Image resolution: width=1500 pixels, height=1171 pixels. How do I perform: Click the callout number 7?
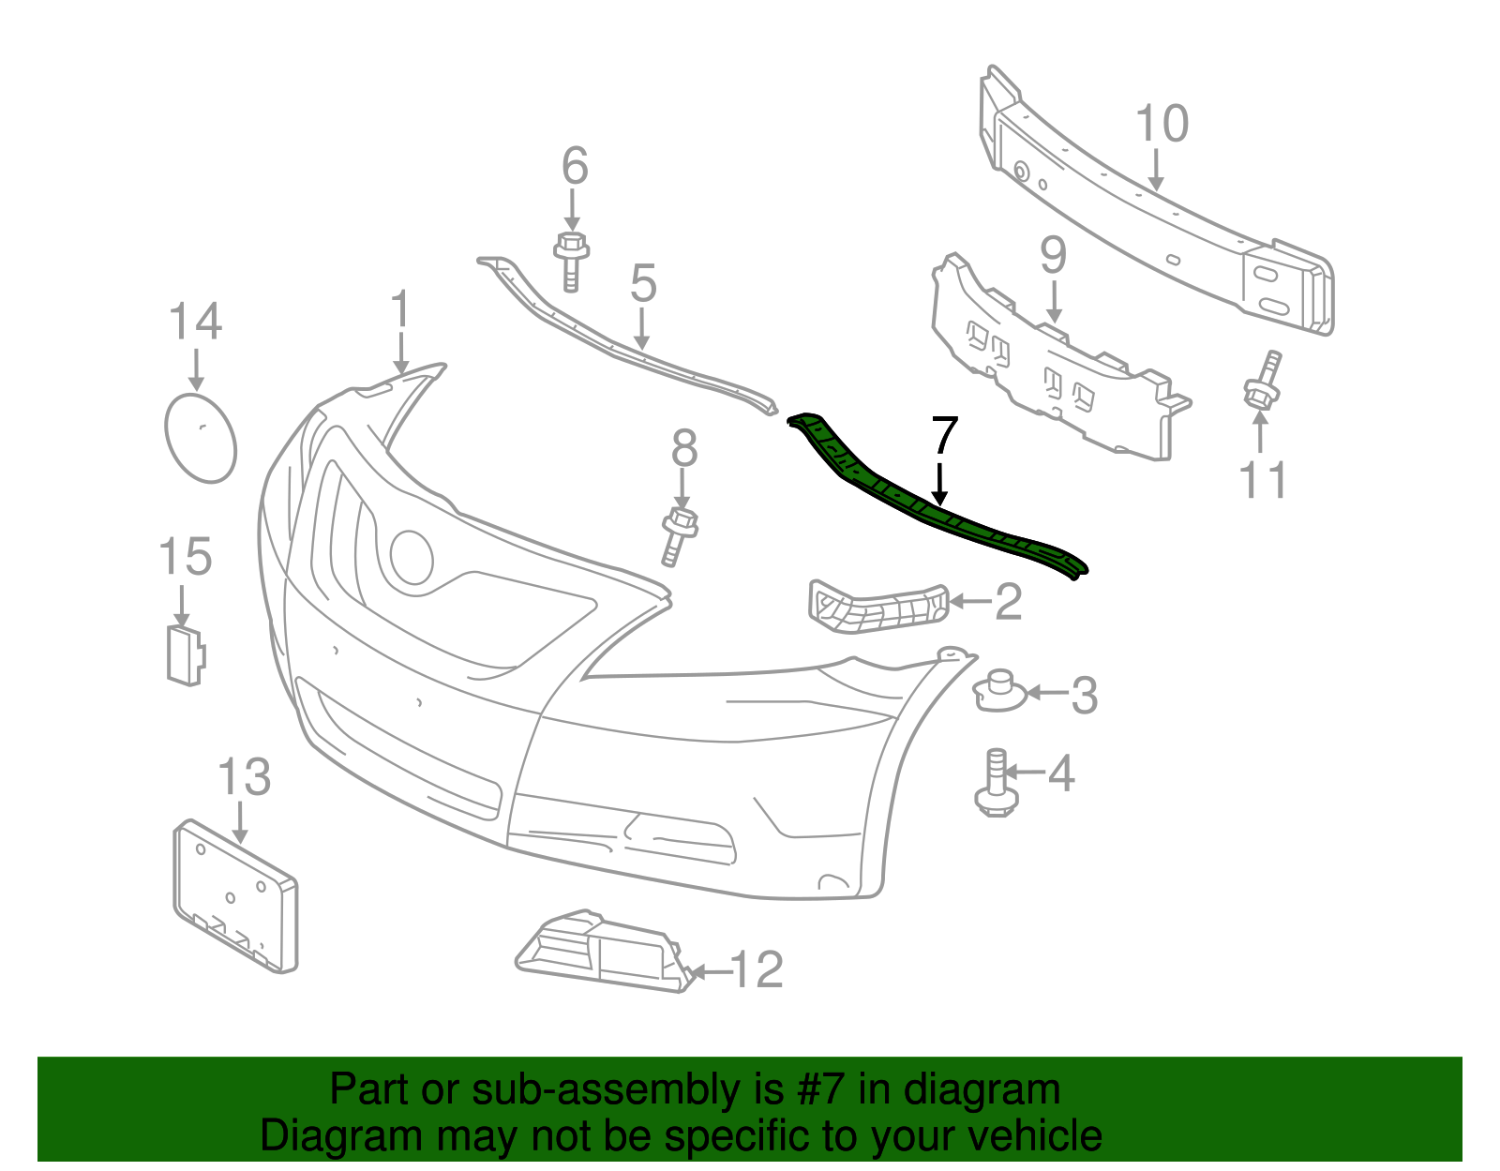(x=945, y=436)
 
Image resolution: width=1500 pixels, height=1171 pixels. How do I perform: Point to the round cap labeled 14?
(x=201, y=439)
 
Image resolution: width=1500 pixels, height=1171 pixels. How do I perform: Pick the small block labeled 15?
(x=185, y=653)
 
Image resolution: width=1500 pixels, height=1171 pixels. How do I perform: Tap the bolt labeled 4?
(x=994, y=782)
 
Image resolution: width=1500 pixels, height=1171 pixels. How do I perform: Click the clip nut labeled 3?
(x=1001, y=692)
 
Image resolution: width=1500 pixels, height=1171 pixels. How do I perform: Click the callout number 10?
(x=1162, y=124)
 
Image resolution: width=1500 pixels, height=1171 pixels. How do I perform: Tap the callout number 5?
(x=643, y=282)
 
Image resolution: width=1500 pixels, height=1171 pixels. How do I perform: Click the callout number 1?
(x=400, y=309)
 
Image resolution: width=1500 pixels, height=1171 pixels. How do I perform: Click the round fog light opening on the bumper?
(x=412, y=558)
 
